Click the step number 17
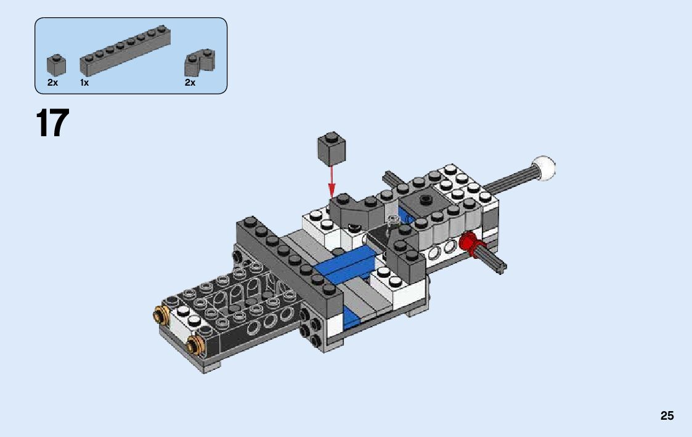[52, 123]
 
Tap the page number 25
[667, 415]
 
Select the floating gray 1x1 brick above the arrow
[331, 149]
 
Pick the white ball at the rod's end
[543, 168]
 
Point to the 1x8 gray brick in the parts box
[125, 52]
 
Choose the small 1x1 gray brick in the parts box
[56, 65]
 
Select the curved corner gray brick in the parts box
[200, 62]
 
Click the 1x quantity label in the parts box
[84, 83]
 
